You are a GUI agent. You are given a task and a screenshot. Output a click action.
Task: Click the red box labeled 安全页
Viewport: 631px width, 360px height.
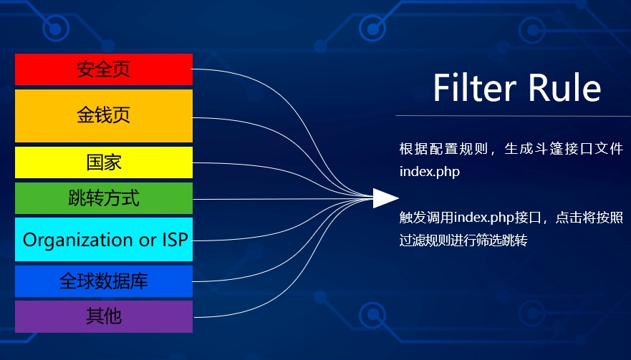pyautogui.click(x=104, y=69)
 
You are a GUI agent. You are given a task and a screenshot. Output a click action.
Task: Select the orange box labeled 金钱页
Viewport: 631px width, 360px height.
pyautogui.click(x=104, y=116)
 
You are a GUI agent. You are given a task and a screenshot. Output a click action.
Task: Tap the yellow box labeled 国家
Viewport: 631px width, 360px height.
pyautogui.click(x=104, y=162)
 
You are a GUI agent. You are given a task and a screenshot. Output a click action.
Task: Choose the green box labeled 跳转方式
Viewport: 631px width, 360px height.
pyautogui.click(x=104, y=198)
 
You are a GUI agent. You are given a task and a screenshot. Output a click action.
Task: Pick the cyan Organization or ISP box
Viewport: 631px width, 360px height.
pyautogui.click(x=104, y=239)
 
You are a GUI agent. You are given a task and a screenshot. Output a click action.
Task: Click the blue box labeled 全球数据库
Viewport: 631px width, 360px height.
pyautogui.click(x=104, y=281)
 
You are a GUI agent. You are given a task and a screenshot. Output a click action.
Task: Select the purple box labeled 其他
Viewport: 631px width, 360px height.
pyautogui.click(x=104, y=316)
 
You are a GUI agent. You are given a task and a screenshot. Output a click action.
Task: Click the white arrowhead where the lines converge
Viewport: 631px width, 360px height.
pyautogui.click(x=385, y=198)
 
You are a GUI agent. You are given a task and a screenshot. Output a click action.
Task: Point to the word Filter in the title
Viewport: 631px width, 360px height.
pyautogui.click(x=474, y=87)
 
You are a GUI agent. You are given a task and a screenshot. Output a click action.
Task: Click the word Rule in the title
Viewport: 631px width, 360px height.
pyautogui.click(x=564, y=87)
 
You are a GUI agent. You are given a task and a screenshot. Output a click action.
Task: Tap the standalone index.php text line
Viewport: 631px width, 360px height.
pyautogui.click(x=430, y=172)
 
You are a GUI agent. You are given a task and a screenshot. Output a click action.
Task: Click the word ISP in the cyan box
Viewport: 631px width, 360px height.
pyautogui.click(x=175, y=239)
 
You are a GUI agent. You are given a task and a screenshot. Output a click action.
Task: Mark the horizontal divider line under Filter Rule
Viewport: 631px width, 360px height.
pyautogui.click(x=513, y=116)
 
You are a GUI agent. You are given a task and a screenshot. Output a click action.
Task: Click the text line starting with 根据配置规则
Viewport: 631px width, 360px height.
pyautogui.click(x=511, y=149)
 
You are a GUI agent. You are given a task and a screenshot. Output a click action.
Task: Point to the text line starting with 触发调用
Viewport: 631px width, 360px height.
pyautogui.click(x=511, y=218)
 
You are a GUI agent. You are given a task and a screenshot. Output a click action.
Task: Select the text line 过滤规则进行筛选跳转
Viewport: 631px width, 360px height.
pyautogui.click(x=463, y=240)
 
